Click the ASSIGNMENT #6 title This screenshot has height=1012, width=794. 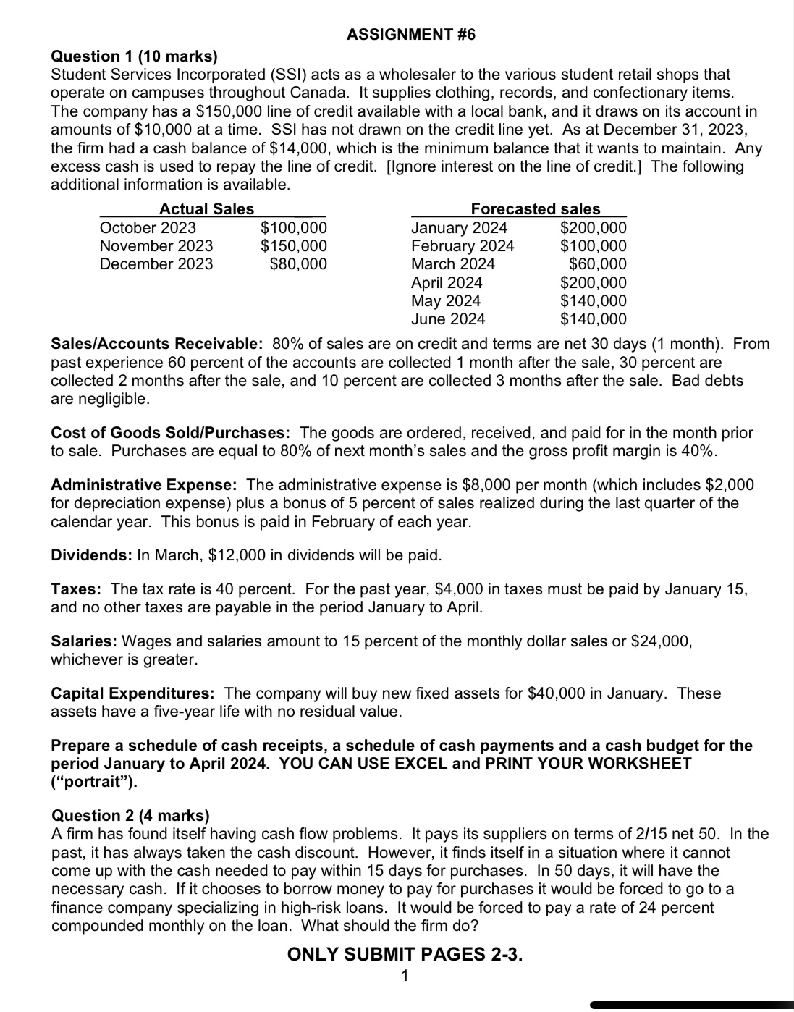[410, 35]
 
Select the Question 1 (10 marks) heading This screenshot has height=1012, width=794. [134, 56]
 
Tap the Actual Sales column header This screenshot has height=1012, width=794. [206, 209]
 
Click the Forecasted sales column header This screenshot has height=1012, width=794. [535, 209]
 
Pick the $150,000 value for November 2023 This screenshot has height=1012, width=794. [293, 246]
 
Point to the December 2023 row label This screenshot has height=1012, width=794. [156, 264]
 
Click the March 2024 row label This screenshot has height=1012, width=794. [453, 264]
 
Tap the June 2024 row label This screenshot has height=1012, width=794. [448, 319]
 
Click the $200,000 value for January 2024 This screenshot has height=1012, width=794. [594, 228]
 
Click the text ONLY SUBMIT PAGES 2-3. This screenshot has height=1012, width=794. [405, 954]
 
